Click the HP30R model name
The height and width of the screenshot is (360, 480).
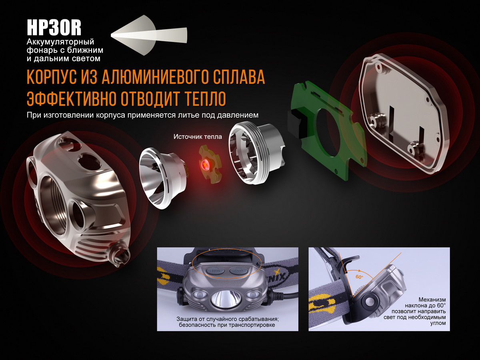pos(54,28)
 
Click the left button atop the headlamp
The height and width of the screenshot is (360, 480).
pos(215,270)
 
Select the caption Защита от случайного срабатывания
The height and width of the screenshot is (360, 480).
pos(227,319)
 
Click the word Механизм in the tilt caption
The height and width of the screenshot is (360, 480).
pos(432,299)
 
